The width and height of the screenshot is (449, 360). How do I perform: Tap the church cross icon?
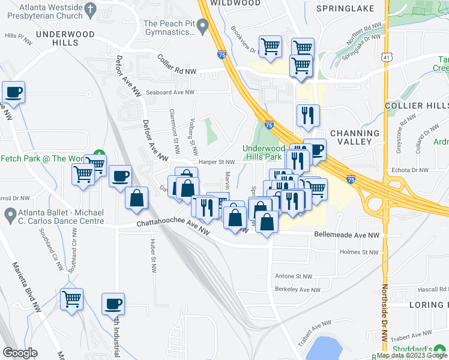pos(91,9)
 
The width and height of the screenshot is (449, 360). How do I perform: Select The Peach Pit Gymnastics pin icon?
pos(203,26)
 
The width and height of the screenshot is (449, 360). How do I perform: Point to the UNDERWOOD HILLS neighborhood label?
pos(65,38)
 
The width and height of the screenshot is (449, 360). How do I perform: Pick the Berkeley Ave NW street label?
pos(298,289)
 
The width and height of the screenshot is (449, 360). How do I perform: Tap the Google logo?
pos(20,353)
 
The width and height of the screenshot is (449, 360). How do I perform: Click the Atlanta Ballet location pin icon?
pos(10,214)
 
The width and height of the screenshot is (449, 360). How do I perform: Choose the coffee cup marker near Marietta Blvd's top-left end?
pos(13,93)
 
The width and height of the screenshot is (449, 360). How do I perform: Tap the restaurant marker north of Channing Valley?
pos(308,115)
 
